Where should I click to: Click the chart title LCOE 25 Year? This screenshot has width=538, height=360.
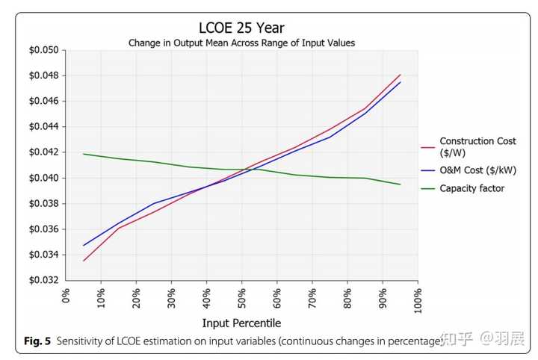241,28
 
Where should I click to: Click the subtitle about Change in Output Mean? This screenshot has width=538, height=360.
241,43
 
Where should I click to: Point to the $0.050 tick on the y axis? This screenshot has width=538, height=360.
43,50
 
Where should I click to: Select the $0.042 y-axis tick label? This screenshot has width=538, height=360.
43,152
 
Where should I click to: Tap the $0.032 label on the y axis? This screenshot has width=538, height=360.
43,280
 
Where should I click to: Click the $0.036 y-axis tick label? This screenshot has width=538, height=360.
43,229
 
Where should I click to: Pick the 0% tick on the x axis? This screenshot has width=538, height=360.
67,296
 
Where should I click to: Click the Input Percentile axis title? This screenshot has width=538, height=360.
241,323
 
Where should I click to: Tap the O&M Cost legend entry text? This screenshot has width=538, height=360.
477,171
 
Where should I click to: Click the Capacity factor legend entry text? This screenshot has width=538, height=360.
471,189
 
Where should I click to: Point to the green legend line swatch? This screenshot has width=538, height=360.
427,189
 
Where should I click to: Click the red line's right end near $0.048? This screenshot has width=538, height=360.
401,75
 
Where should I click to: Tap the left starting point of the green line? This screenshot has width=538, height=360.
84,154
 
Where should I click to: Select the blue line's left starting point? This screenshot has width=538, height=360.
84,245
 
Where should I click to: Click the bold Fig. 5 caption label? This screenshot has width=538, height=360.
37,341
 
